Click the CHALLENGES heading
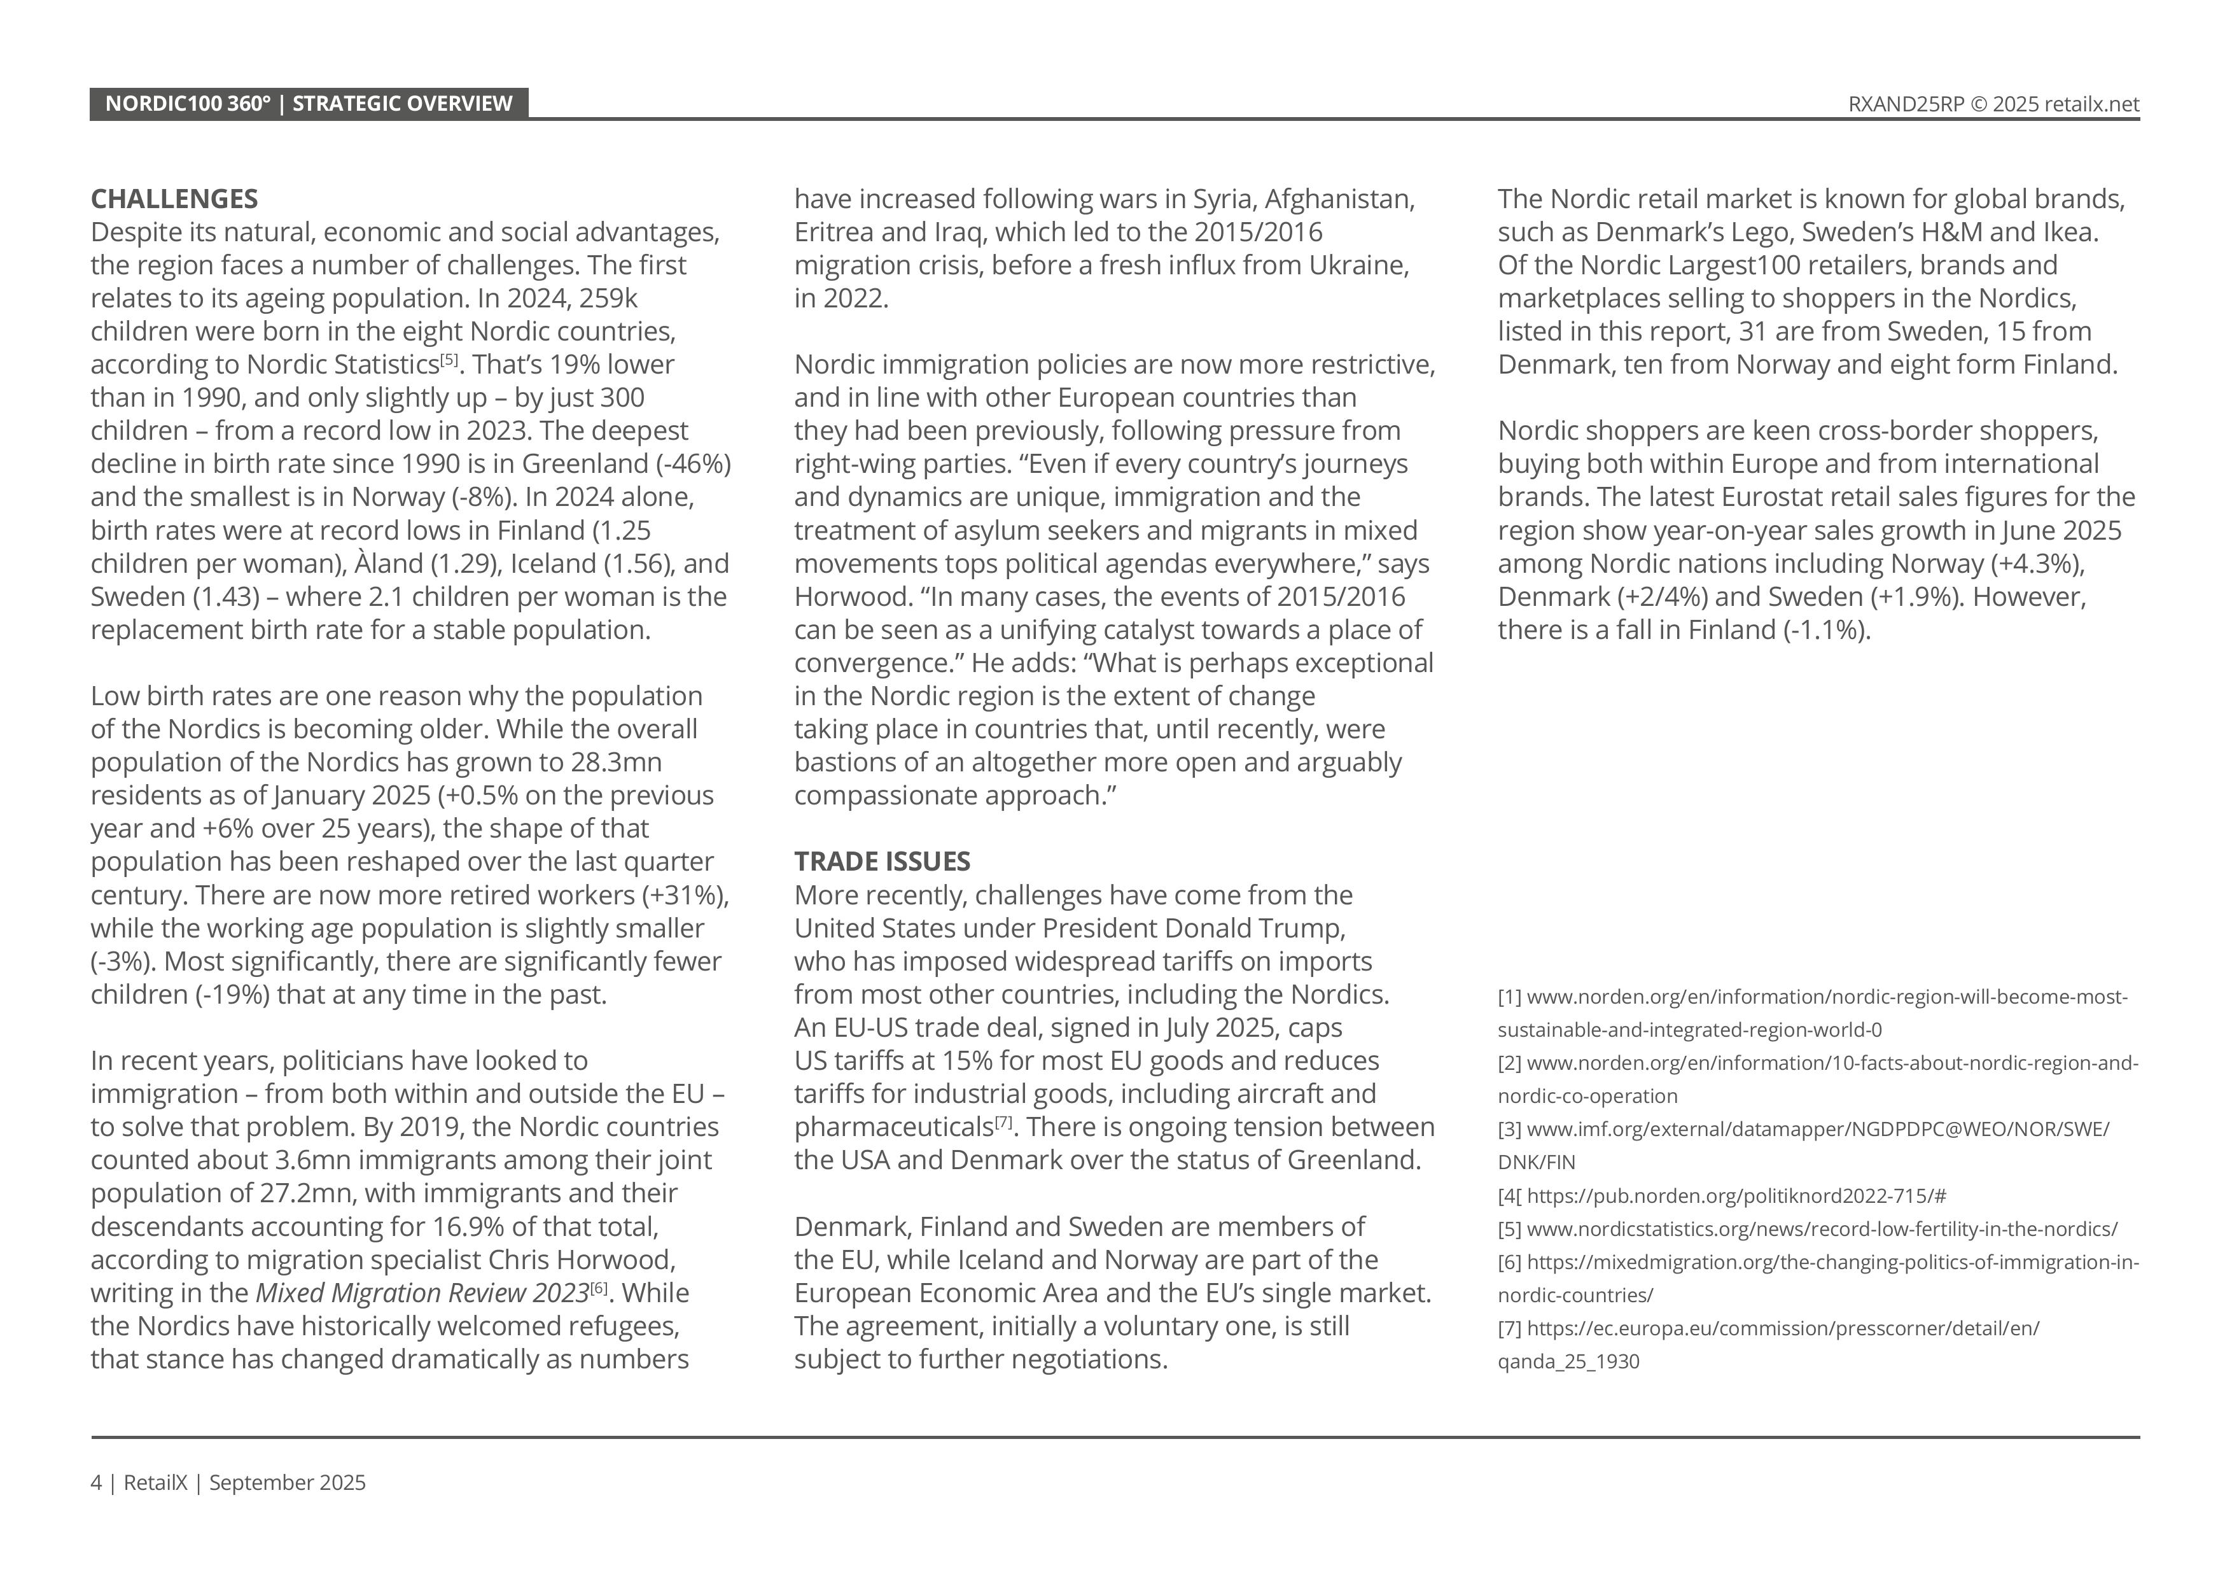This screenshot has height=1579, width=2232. (x=174, y=199)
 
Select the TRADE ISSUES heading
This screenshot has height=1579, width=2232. (x=882, y=862)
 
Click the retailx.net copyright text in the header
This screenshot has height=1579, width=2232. (x=1993, y=105)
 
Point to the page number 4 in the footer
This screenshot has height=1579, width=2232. (x=95, y=1483)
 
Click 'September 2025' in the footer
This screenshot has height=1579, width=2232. (x=287, y=1483)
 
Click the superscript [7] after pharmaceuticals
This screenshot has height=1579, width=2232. (x=1003, y=1122)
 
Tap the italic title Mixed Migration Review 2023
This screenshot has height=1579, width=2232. (x=422, y=1293)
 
